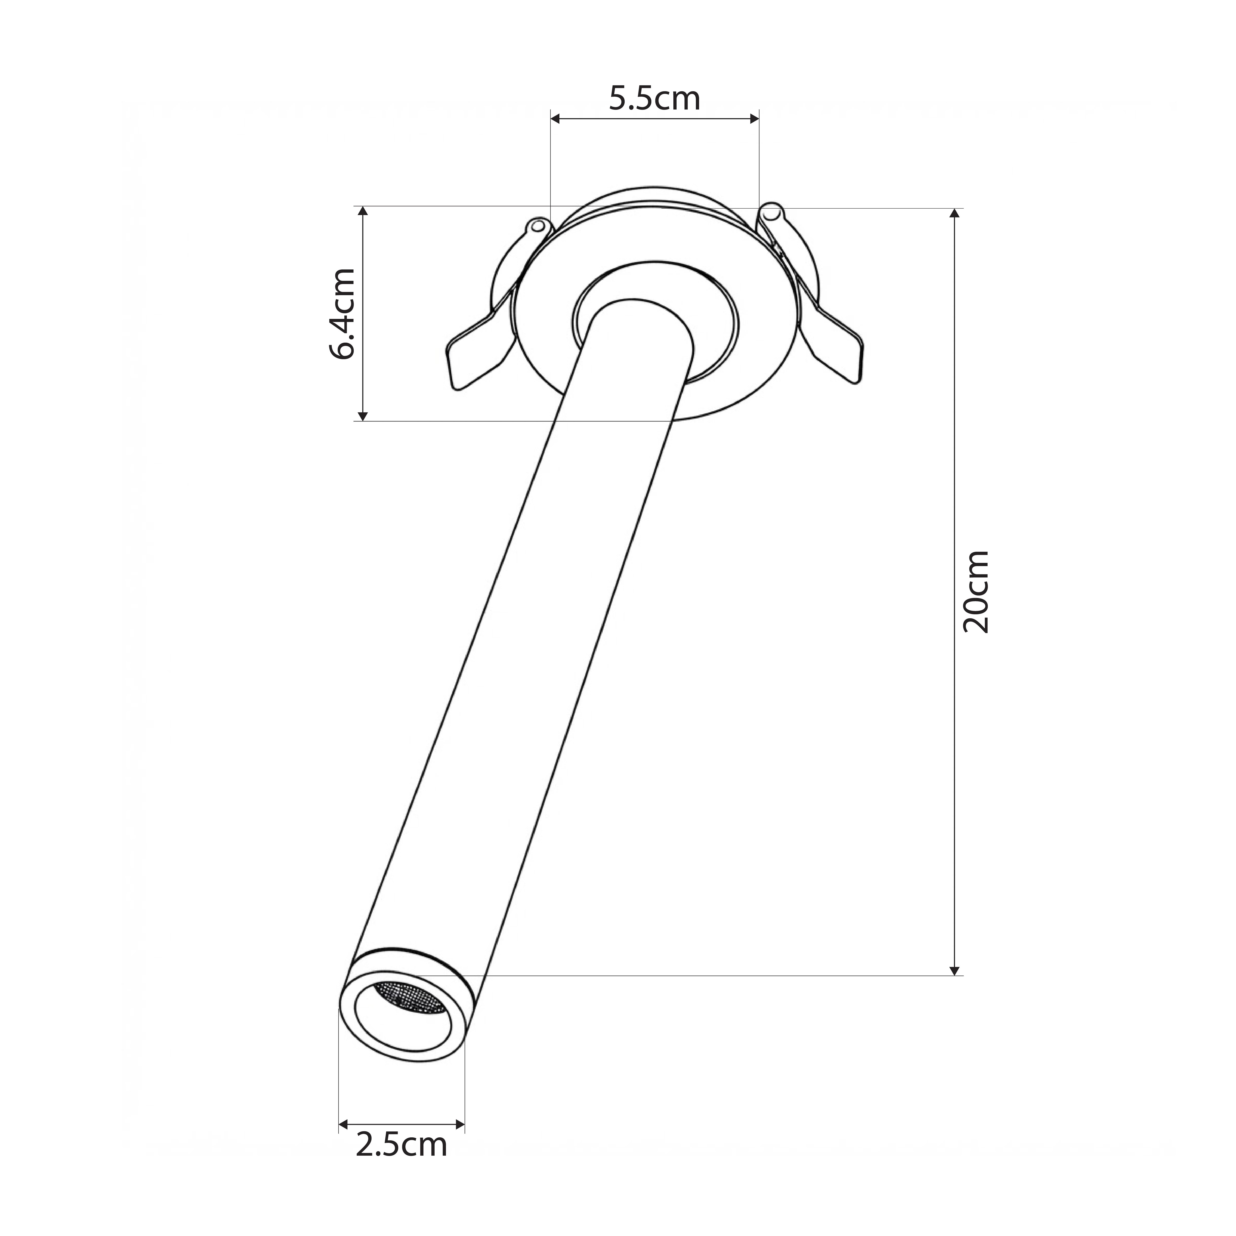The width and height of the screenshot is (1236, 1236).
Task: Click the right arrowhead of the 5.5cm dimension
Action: pos(754,118)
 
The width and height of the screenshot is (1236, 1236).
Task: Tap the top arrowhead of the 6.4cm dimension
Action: pos(363,212)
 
